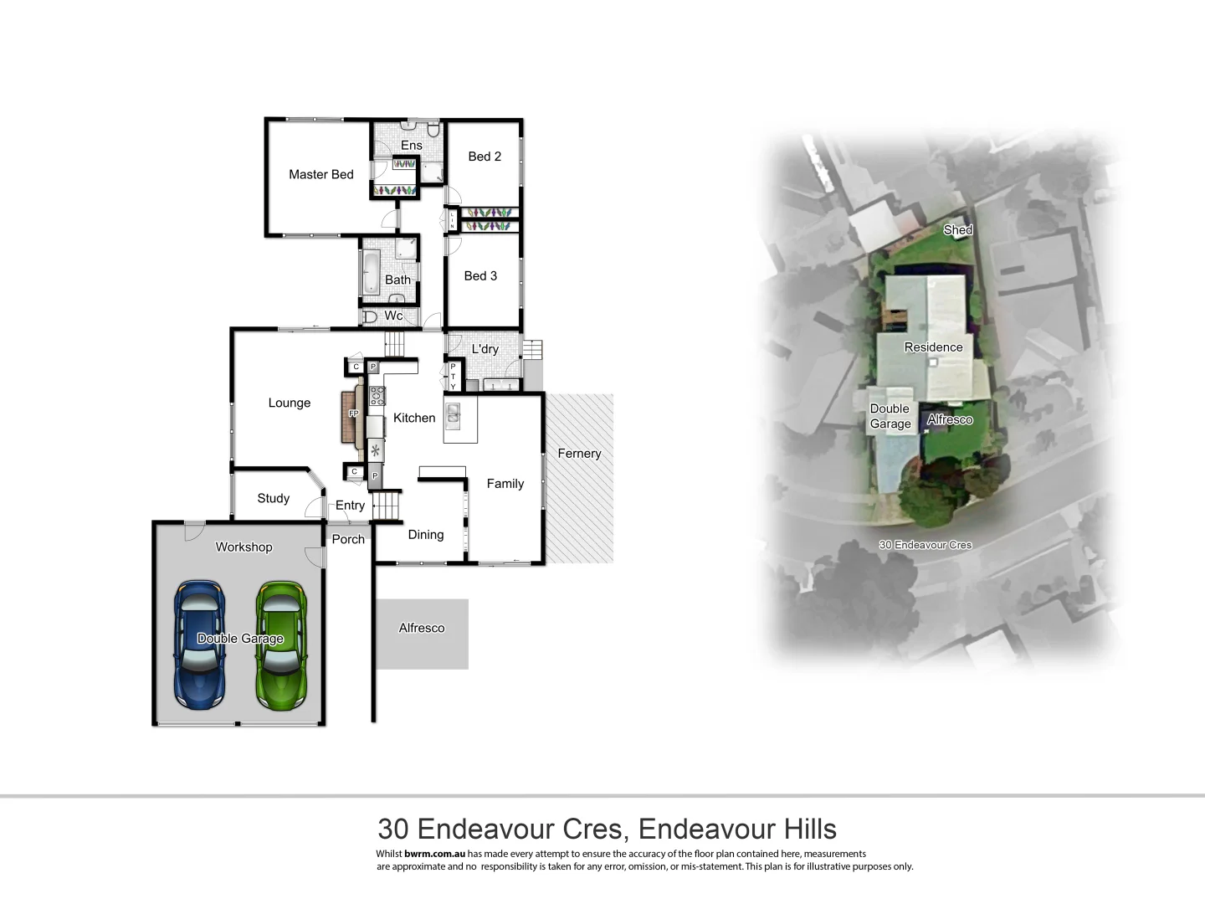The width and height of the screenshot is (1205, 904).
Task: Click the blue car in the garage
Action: click(199, 643)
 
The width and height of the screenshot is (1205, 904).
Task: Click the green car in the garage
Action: click(280, 643)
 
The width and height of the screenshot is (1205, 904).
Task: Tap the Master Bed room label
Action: click(320, 174)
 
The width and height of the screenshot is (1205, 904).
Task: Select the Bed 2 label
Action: click(485, 157)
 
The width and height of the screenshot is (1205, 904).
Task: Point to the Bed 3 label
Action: click(480, 275)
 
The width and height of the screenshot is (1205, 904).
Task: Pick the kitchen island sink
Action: click(453, 413)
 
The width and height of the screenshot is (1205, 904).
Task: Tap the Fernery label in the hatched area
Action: click(579, 454)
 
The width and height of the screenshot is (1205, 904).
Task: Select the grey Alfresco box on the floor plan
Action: click(422, 633)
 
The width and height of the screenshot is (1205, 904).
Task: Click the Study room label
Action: click(273, 498)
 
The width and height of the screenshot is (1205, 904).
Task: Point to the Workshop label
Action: click(244, 547)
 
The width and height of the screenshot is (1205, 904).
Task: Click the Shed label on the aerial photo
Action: click(957, 230)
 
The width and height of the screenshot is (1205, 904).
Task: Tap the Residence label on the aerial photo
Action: click(933, 347)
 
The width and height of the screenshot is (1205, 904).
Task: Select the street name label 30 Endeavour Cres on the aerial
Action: click(925, 545)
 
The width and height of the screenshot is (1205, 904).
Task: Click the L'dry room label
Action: click(485, 349)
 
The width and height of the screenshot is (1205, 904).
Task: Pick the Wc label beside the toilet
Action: click(393, 316)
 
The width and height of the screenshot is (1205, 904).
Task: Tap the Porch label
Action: click(348, 539)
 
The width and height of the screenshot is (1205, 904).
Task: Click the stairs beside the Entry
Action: click(387, 506)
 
